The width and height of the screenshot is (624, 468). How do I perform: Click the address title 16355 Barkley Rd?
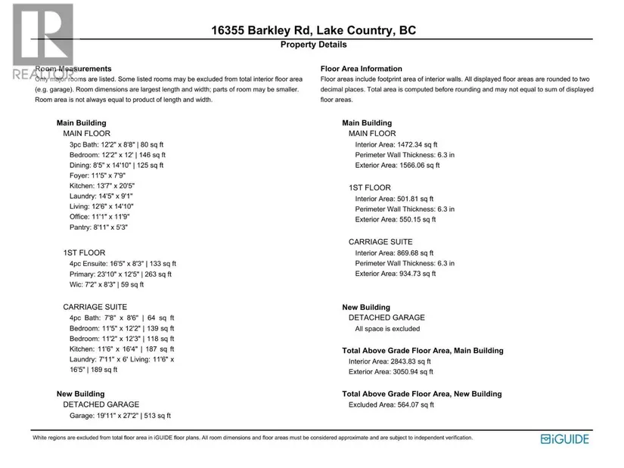tap(312, 31)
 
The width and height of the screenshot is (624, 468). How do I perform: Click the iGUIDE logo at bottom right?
tap(565, 439)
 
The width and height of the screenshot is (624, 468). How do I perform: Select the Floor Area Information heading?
tap(361, 69)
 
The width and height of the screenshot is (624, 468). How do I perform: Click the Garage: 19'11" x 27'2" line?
tap(120, 415)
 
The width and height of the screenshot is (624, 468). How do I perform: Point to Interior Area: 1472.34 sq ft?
tap(396, 144)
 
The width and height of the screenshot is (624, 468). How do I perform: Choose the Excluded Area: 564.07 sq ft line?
tap(390, 404)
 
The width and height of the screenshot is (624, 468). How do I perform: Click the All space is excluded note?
tap(387, 329)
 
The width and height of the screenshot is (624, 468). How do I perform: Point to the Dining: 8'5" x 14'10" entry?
tap(116, 165)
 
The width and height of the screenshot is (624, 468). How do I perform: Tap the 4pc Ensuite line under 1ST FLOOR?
tap(122, 264)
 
